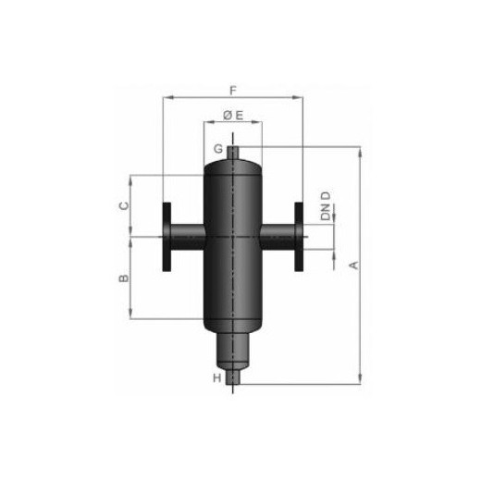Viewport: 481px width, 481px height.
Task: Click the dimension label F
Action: point(233,91)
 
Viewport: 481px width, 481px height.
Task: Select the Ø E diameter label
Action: point(233,116)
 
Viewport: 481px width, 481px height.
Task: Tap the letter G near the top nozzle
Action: point(218,149)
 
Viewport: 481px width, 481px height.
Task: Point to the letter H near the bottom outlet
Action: point(217,378)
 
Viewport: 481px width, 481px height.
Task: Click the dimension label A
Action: point(355,265)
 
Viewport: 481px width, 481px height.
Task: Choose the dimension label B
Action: point(124,278)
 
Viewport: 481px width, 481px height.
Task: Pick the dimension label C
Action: point(124,205)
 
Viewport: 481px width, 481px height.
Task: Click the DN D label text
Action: point(326,206)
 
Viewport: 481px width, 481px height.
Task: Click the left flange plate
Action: point(166,237)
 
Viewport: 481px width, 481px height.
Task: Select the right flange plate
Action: point(299,237)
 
